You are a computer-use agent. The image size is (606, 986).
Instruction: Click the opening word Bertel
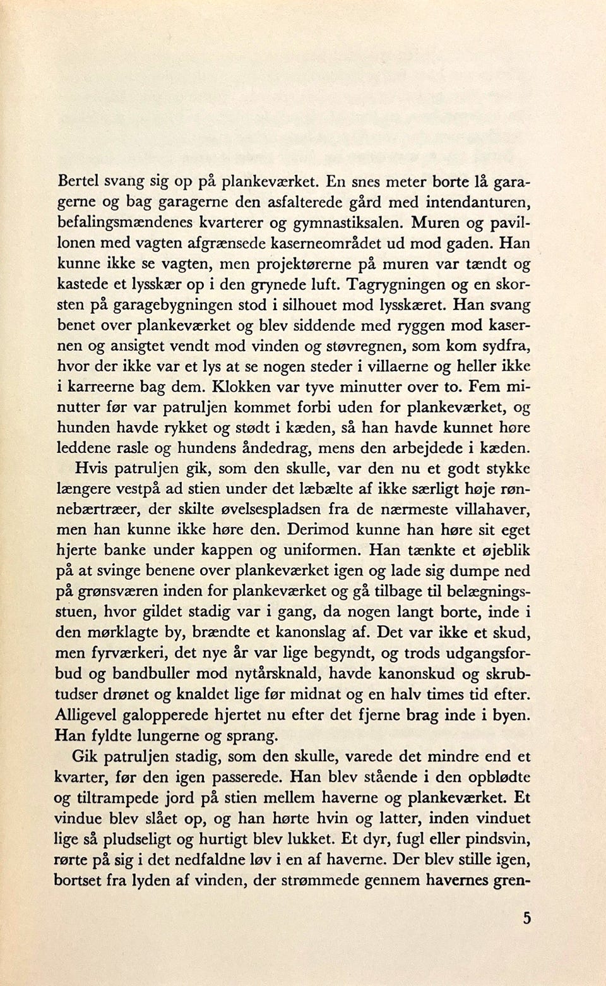tap(78, 181)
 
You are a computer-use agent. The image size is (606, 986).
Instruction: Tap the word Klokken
tap(244, 387)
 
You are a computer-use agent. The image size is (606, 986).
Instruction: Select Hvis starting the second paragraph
tap(86, 469)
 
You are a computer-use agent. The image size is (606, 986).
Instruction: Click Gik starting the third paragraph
tap(85, 756)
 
